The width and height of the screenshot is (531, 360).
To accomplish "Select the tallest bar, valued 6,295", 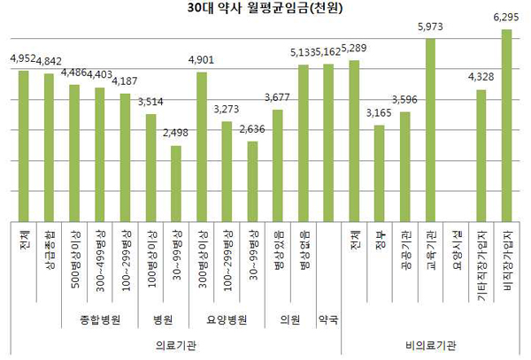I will click(x=507, y=125).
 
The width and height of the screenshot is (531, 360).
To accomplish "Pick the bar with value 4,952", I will click(x=24, y=145).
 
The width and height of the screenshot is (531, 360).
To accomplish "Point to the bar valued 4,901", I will click(x=202, y=146).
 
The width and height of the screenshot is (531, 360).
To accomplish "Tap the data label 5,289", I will click(x=355, y=47).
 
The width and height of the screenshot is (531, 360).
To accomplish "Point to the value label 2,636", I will click(x=252, y=128).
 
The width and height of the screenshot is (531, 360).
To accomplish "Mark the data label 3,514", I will click(x=151, y=102).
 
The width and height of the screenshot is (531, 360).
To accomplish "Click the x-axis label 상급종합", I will click(x=50, y=253).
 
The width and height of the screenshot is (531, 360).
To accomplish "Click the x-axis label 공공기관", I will click(x=405, y=249).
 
